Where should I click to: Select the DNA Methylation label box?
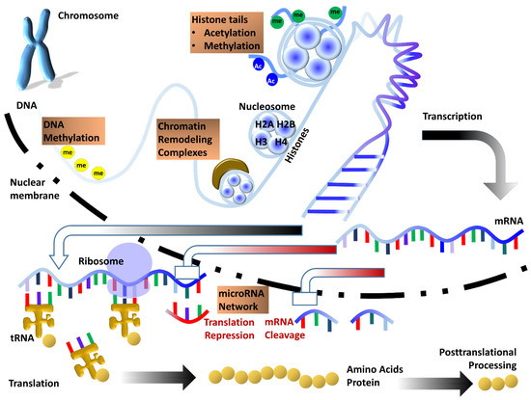click(70, 137)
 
